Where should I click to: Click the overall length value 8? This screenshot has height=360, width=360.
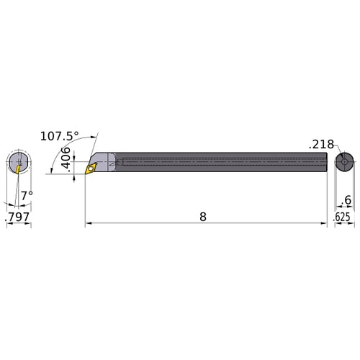coord(204,217)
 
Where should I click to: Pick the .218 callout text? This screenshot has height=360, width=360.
coord(322,144)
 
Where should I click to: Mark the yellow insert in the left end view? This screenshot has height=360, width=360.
coord(16,166)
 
